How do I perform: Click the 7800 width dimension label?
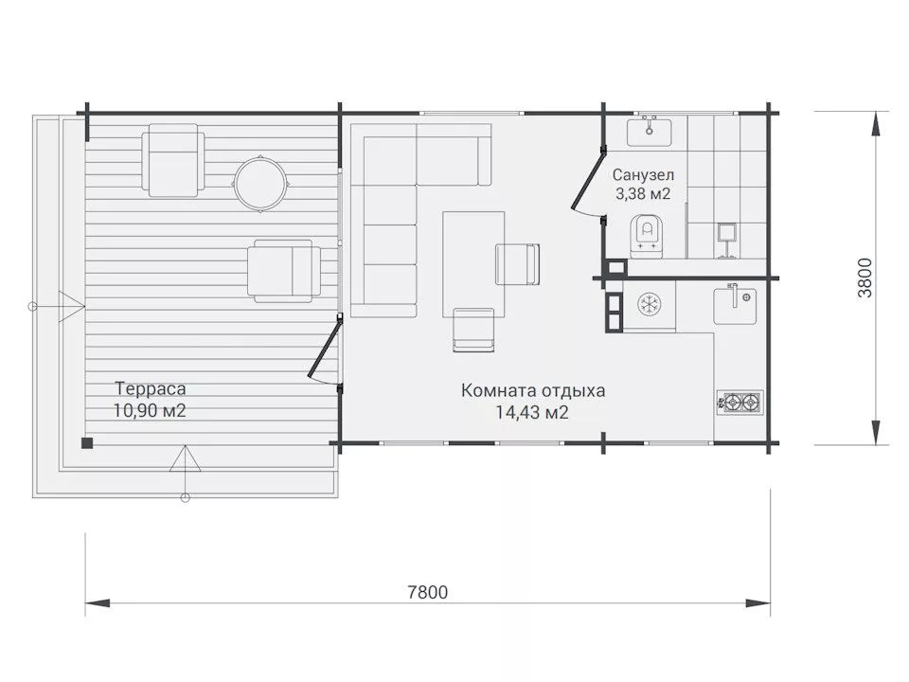(428, 592)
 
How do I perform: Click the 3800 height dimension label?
(864, 278)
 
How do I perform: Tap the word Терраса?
(151, 388)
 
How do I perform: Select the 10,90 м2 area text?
(150, 410)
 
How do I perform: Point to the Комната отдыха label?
(533, 390)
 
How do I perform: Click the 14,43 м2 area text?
(531, 412)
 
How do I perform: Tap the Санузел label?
(644, 174)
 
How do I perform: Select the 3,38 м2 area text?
(643, 193)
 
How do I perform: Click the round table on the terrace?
(259, 183)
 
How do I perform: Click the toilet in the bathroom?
(646, 235)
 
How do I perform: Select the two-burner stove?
(740, 402)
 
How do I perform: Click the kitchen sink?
(735, 304)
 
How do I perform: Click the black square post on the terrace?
(87, 443)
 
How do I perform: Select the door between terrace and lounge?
(324, 350)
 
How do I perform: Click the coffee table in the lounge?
(473, 264)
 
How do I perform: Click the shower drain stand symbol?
(726, 240)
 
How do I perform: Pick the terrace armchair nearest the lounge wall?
(283, 271)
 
